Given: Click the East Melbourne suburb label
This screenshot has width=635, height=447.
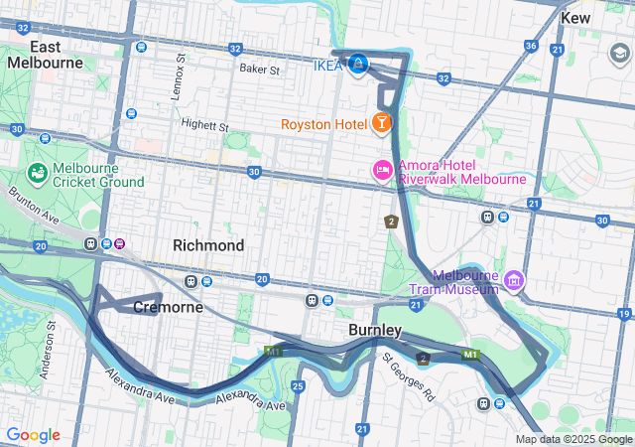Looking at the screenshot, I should point(46,55).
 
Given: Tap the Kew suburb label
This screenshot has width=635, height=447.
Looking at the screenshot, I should point(574,18).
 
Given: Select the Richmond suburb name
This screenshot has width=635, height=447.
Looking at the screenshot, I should point(208,245).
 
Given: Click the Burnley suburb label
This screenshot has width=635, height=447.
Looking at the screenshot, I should point(375,330).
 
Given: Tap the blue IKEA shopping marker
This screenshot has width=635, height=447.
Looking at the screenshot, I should point(358,65).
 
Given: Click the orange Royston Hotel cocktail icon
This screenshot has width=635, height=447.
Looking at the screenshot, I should point(381,123).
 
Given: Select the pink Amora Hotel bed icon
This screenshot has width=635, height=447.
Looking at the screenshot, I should point(382,171).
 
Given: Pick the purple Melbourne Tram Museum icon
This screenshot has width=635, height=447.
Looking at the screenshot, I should point(513,281).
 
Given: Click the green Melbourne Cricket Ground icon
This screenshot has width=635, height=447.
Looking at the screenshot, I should point(40,175).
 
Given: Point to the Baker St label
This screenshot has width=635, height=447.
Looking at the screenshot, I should point(260,70).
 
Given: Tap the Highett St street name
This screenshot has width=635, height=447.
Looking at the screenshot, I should point(205,126).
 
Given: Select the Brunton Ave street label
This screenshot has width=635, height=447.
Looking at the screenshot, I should point(28,204).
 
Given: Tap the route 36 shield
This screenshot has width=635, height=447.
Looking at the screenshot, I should point(532,46).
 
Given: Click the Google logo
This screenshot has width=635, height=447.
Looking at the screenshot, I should point(33,435).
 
